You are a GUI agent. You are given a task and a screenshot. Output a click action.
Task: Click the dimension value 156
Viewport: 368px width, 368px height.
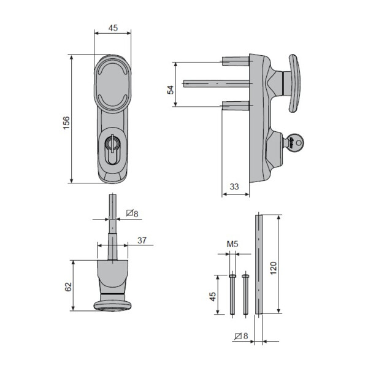[66, 123]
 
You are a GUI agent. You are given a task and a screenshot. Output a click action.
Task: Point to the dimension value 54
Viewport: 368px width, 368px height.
[171, 90]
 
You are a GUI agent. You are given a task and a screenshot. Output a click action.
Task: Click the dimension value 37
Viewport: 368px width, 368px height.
[141, 240]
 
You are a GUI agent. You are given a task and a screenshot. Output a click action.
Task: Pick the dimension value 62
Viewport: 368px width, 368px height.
[68, 286]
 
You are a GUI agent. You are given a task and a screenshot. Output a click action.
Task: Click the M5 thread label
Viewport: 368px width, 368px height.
[232, 244]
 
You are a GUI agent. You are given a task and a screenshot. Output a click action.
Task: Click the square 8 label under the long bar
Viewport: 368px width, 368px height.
[240, 336]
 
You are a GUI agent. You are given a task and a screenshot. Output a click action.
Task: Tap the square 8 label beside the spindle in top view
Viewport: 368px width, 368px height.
[132, 213]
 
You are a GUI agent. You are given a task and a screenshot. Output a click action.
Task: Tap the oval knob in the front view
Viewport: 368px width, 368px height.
[112, 82]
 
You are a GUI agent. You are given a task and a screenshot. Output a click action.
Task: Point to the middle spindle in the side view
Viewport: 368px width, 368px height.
[215, 82]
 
